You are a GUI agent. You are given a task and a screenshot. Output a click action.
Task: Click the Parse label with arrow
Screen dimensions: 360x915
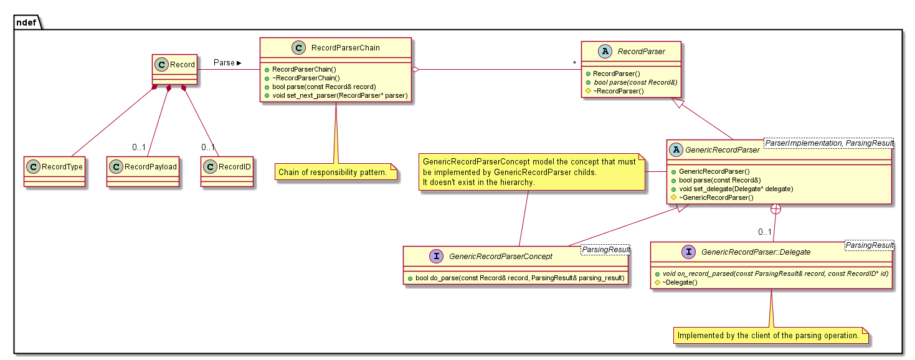[227, 63]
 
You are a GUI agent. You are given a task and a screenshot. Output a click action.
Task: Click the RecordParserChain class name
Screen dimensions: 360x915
[345, 47]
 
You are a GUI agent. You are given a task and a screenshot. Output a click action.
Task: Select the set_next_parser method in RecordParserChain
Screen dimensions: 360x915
[339, 95]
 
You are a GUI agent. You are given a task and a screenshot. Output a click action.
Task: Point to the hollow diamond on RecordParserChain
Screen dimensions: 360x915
[415, 70]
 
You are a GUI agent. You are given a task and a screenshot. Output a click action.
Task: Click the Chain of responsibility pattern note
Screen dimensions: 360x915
[337, 172]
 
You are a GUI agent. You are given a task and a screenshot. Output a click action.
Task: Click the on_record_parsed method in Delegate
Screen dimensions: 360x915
[771, 273]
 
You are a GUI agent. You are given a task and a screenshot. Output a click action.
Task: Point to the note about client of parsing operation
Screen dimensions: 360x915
[768, 336]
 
